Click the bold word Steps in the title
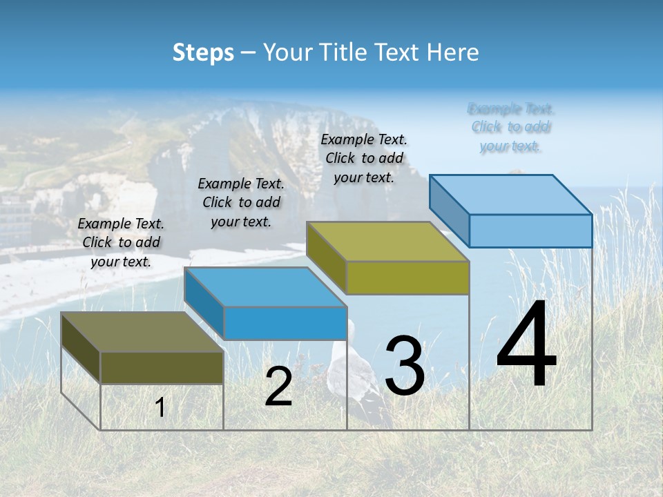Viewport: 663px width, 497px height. click(203, 52)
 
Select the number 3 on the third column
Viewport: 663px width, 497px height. click(404, 366)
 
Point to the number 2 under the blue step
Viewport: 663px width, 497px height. click(278, 387)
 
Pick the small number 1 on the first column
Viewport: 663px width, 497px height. click(160, 408)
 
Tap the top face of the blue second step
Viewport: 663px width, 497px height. click(265, 287)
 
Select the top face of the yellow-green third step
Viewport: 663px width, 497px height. click(387, 242)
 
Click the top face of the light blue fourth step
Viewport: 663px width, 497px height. click(511, 195)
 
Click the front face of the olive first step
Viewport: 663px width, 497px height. click(162, 367)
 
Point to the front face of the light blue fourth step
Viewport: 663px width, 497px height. click(530, 231)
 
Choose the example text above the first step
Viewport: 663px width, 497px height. click(121, 242)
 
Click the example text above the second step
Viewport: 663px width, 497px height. click(241, 202)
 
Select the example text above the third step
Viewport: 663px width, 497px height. click(364, 158)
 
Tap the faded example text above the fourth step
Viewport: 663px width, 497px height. click(511, 127)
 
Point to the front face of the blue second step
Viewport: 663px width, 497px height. click(285, 323)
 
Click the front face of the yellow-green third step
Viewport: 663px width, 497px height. click(407, 277)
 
